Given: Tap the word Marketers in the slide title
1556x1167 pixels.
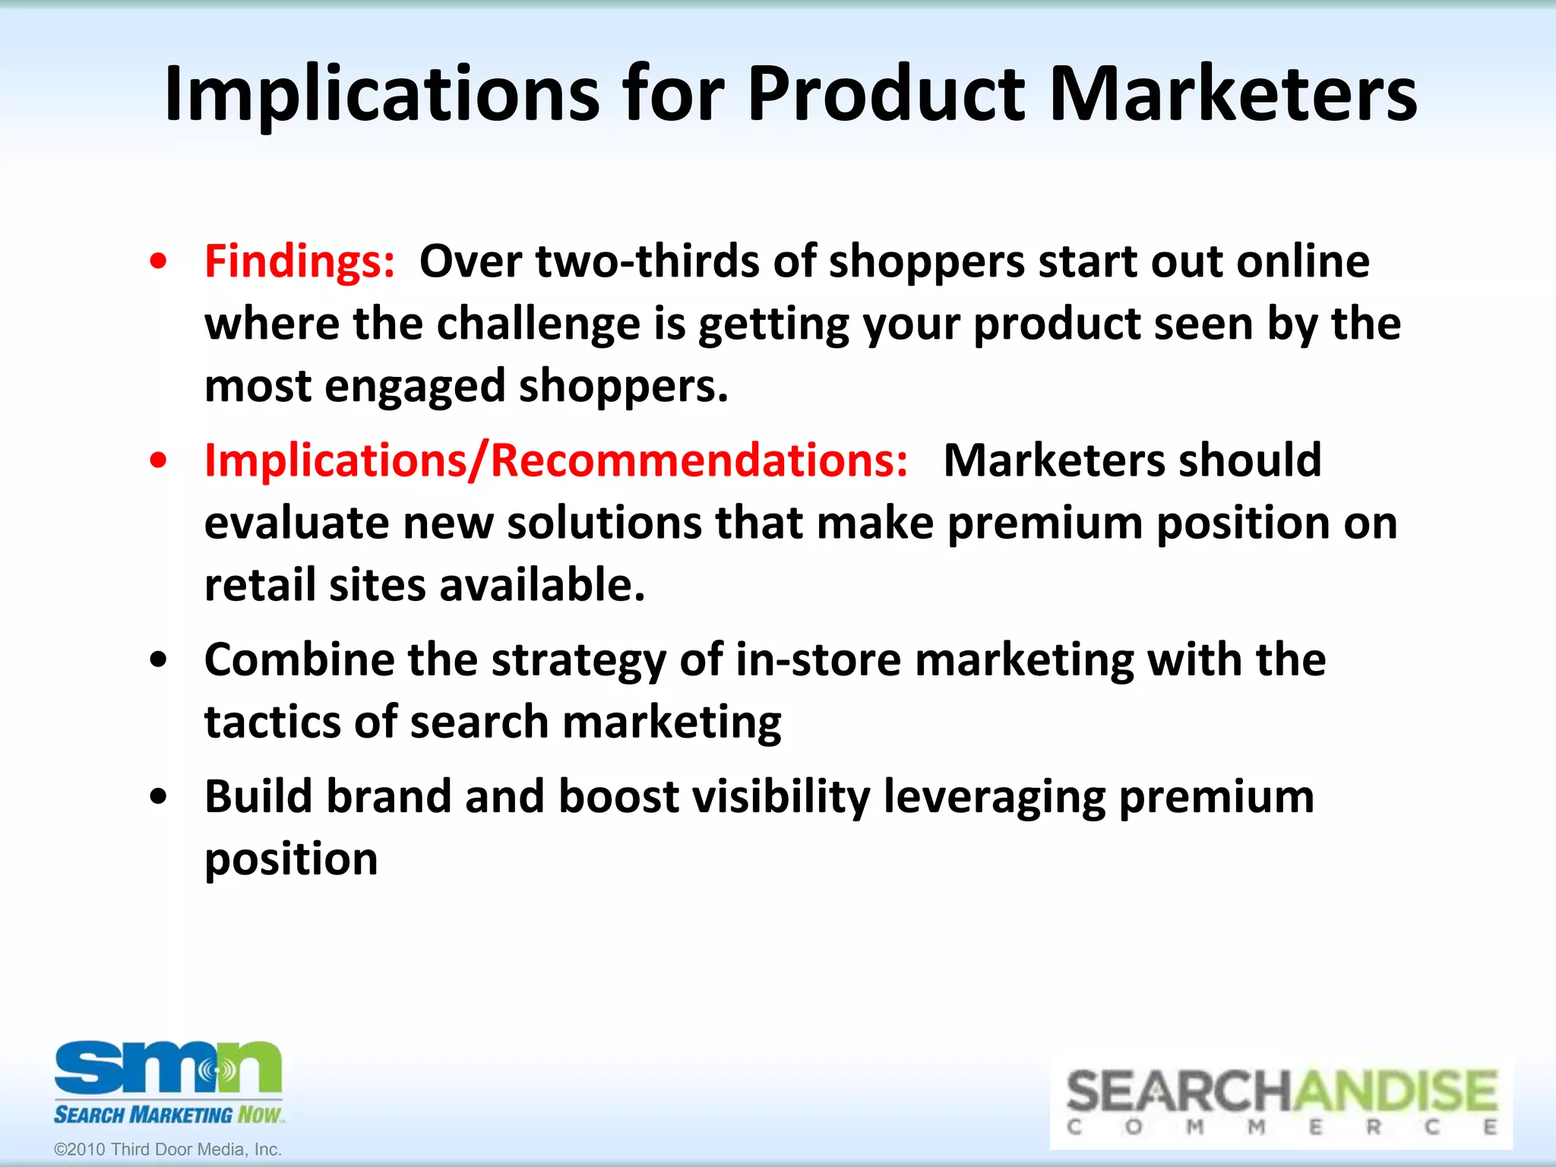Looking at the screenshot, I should tap(1232, 95).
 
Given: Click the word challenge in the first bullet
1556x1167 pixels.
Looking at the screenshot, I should tap(539, 324).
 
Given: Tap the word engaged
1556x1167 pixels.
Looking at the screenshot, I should tap(415, 387).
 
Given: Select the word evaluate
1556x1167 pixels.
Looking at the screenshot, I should tap(296, 524).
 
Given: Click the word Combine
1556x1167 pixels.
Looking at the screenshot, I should tap(299, 659).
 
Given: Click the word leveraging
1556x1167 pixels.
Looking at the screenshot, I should tap(994, 798).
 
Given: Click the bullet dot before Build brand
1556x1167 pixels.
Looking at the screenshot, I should tap(158, 798).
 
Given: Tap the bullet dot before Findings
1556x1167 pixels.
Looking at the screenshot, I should tap(158, 262).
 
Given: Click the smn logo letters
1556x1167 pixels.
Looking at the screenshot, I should tap(168, 1067).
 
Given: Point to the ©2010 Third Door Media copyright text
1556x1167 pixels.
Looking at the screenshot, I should tap(168, 1150).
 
